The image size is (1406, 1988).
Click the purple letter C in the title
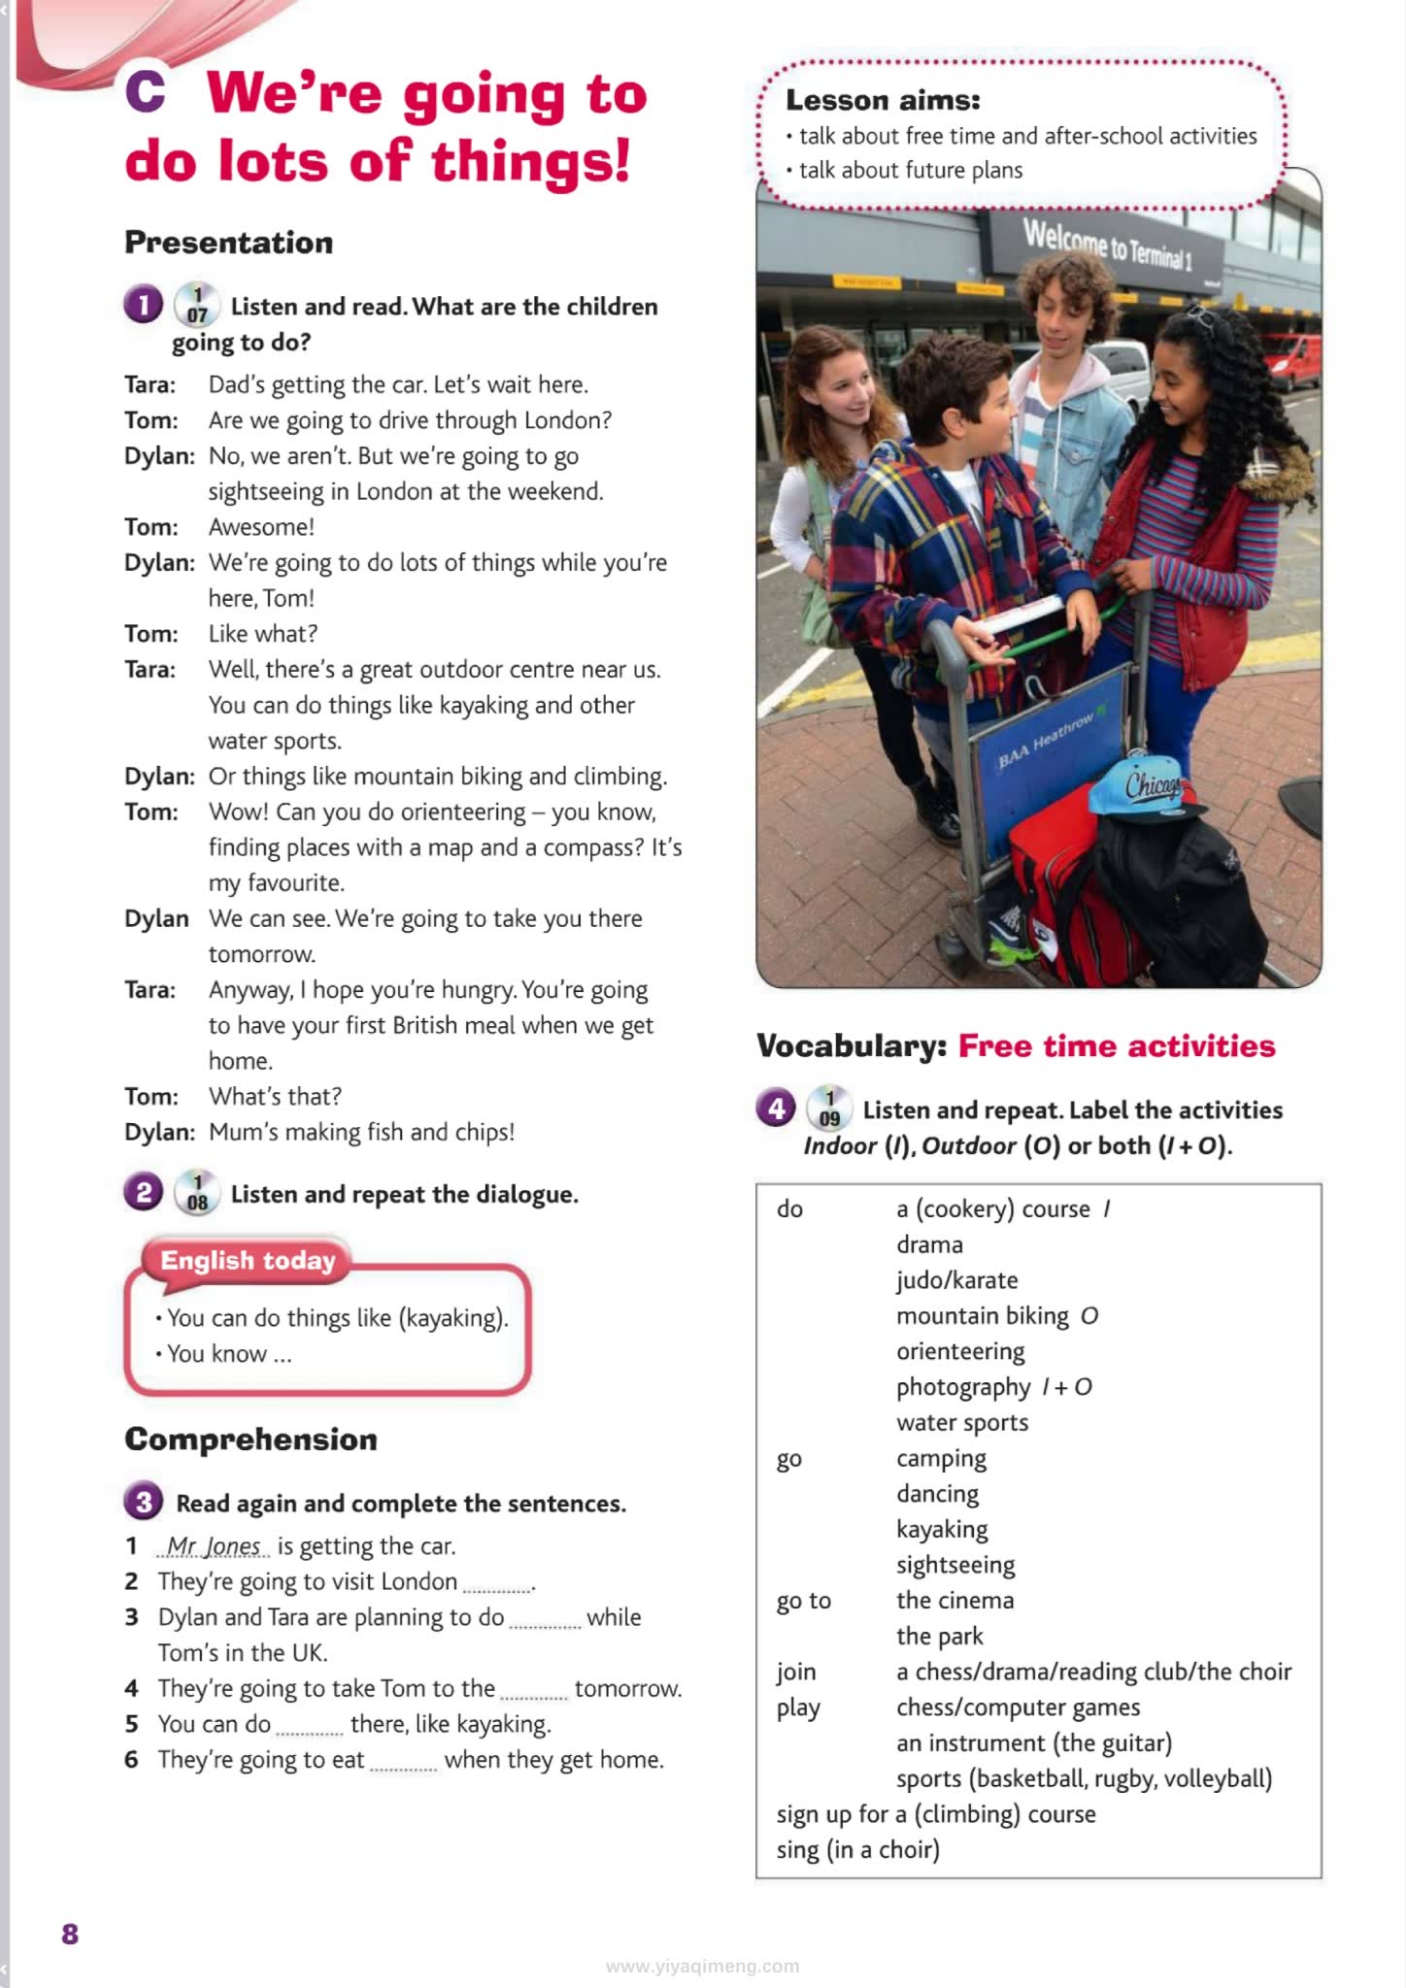[146, 92]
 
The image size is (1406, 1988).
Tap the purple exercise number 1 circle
[143, 306]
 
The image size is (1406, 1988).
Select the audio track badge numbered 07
[197, 306]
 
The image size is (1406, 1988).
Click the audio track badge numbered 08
[197, 1194]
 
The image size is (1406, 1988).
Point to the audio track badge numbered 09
[829, 1110]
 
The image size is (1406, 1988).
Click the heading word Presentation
[228, 243]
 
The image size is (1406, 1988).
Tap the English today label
[248, 1261]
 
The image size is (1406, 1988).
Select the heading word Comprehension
[251, 1439]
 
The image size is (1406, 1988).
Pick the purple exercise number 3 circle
[144, 1503]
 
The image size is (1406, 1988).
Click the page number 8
[70, 1934]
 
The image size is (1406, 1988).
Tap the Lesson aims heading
[883, 100]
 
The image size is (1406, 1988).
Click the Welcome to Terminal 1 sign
[1106, 244]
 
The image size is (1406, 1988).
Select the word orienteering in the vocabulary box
[959, 1351]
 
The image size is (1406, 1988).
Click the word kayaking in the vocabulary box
[941, 1529]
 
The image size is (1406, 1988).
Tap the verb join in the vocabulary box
[795, 1672]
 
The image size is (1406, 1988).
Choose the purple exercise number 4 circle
[775, 1109]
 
